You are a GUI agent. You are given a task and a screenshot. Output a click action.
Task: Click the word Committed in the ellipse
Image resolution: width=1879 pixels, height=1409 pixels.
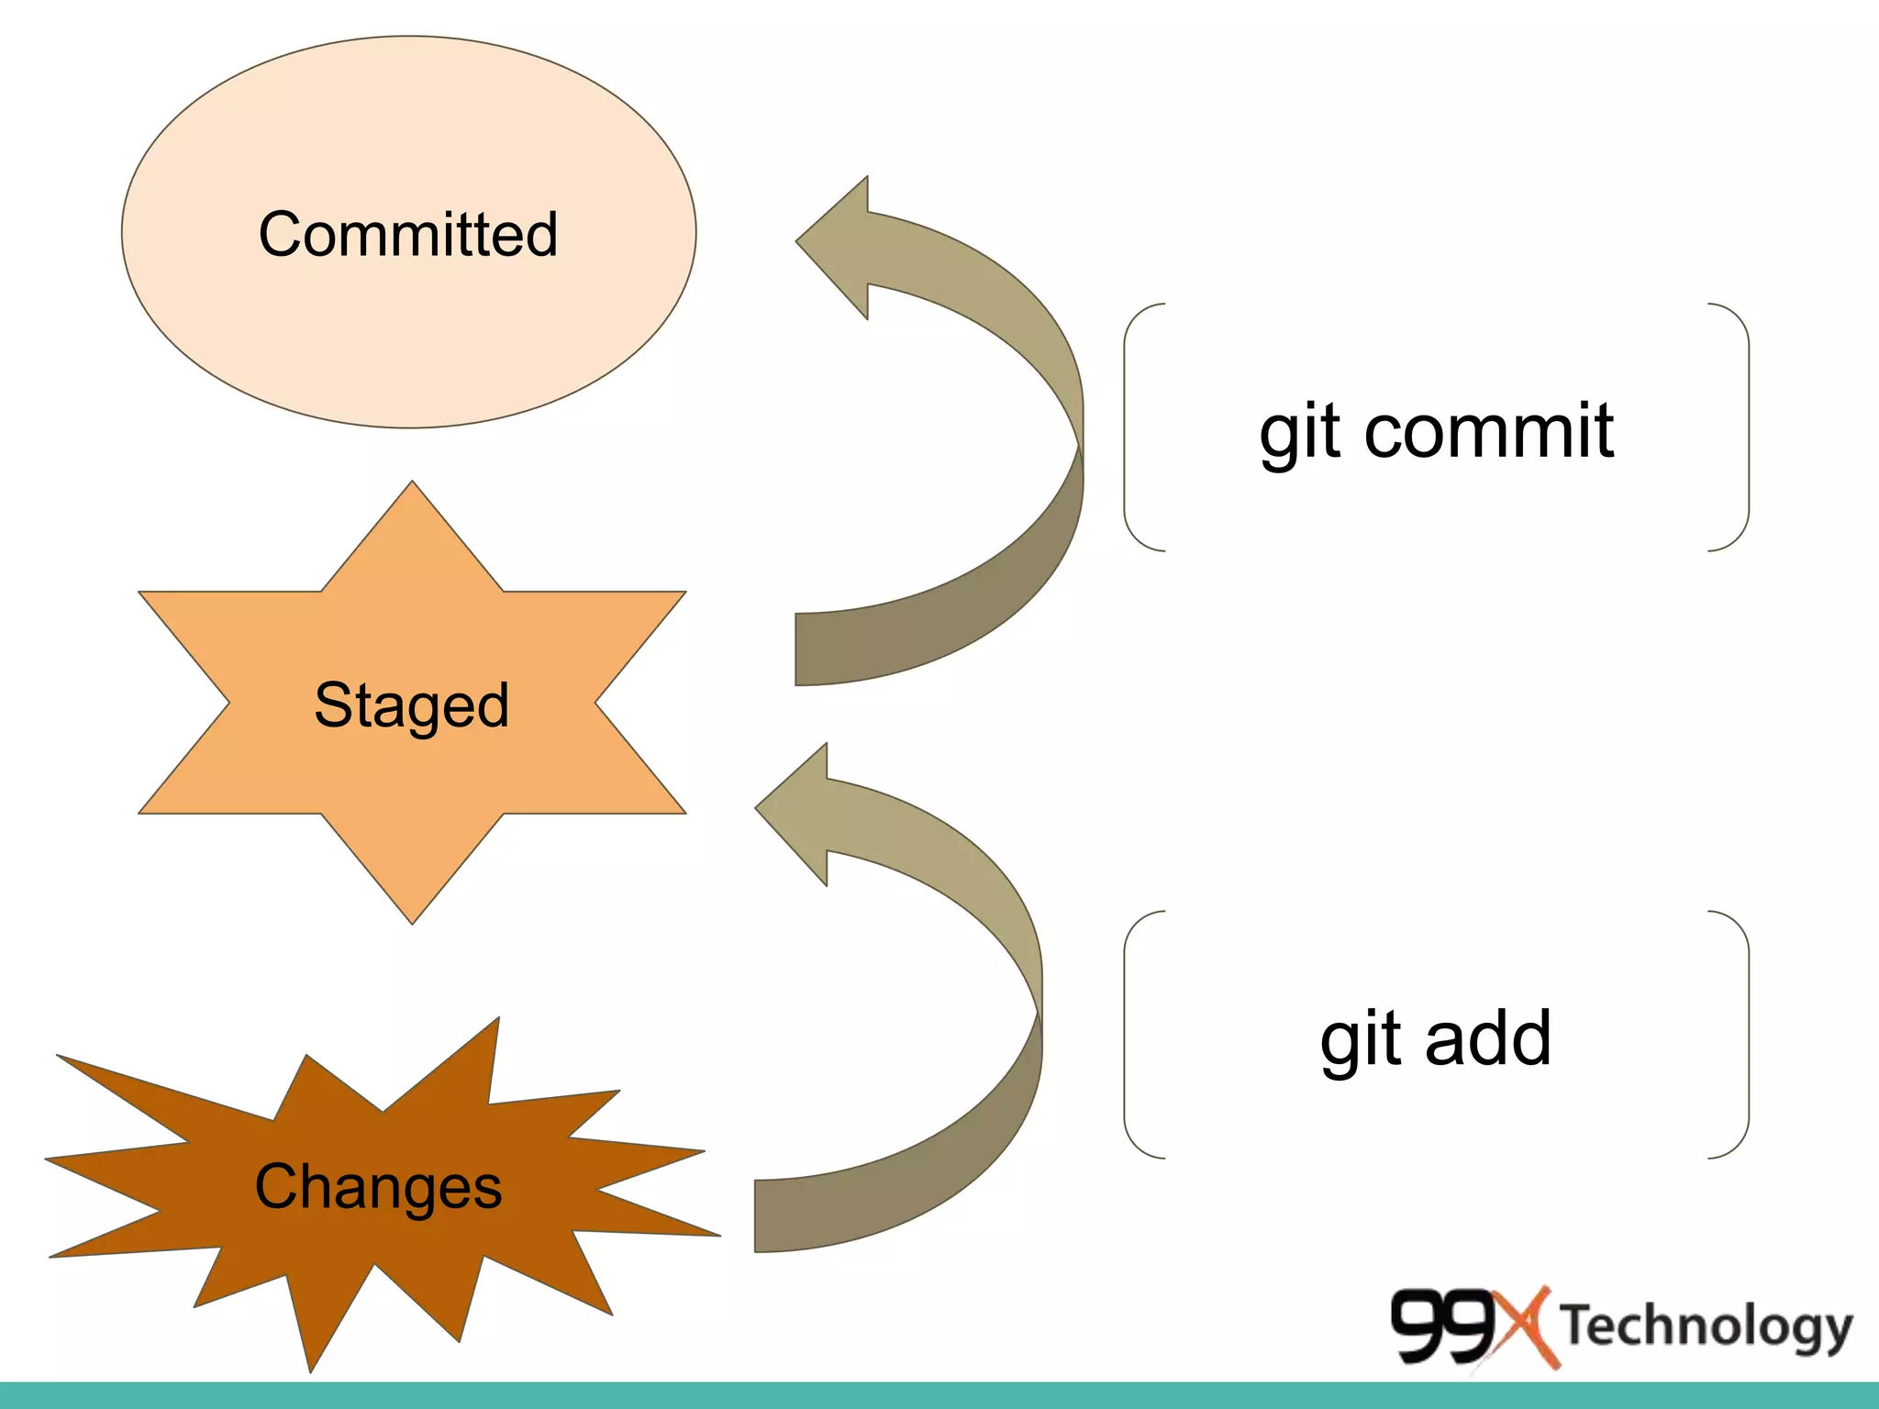click(x=408, y=234)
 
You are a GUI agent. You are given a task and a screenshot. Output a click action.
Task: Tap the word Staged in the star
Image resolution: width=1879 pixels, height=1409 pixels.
click(x=411, y=704)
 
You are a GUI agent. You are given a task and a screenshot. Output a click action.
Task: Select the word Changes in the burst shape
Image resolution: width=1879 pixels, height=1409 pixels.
click(x=378, y=1186)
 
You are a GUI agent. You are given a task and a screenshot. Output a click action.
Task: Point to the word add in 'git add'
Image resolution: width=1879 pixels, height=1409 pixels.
click(x=1487, y=1038)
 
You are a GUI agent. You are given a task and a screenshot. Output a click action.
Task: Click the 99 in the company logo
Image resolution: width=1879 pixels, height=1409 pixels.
click(x=1442, y=1326)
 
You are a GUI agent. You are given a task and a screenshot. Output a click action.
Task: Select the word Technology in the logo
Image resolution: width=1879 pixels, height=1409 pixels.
click(x=1707, y=1326)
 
